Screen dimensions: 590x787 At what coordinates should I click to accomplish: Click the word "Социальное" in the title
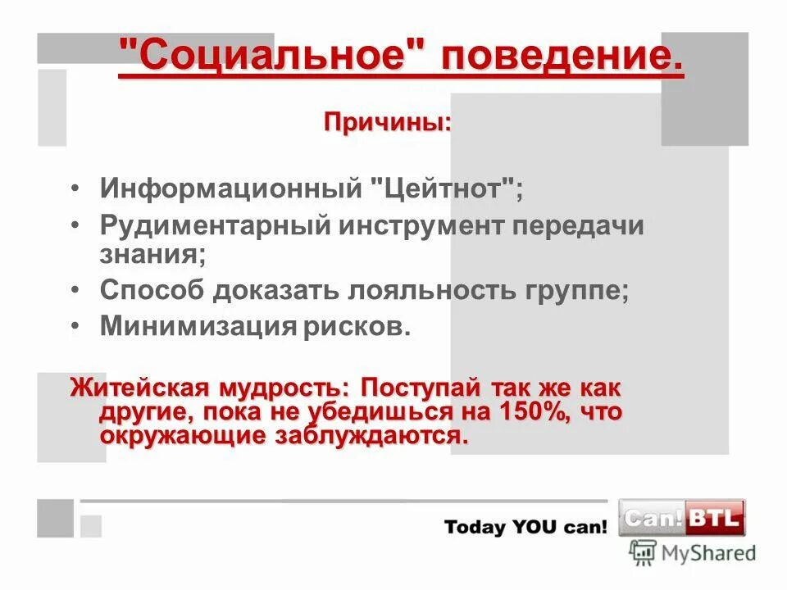coord(271,58)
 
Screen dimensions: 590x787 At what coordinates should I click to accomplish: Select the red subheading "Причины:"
coord(388,122)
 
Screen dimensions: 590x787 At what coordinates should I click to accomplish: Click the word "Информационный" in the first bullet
coord(231,190)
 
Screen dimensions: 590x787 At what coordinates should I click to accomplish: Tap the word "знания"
coord(152,253)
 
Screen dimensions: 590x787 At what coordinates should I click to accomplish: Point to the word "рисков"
coord(353,326)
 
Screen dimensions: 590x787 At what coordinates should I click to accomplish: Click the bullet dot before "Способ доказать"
coord(75,291)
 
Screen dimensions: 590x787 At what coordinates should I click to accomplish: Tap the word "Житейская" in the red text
coord(139,387)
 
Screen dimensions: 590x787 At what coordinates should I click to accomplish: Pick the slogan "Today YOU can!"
coord(525,527)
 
